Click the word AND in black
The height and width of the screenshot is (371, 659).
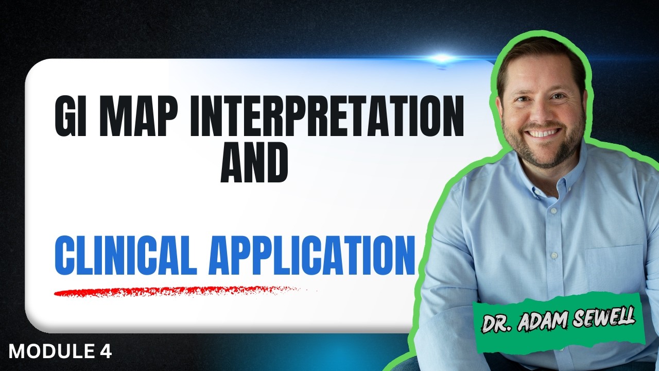pos(254,162)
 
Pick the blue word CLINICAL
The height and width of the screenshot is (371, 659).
pos(126,255)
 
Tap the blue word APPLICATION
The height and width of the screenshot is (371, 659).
pos(312,255)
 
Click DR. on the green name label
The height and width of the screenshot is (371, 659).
pos(497,324)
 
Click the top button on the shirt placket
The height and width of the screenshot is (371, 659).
pos(553,211)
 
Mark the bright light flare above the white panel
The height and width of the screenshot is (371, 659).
pos(441,58)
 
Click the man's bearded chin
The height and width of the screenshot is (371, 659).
pos(544,158)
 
